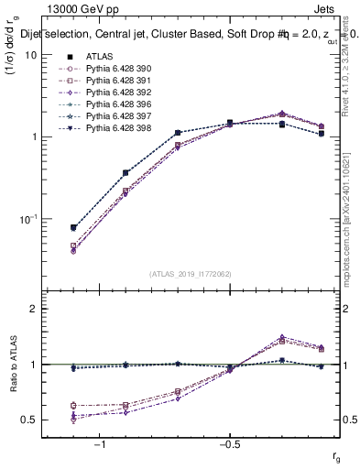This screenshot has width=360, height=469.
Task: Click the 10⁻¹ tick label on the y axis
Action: [27, 219]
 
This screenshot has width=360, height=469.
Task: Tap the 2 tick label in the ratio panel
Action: [32, 309]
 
